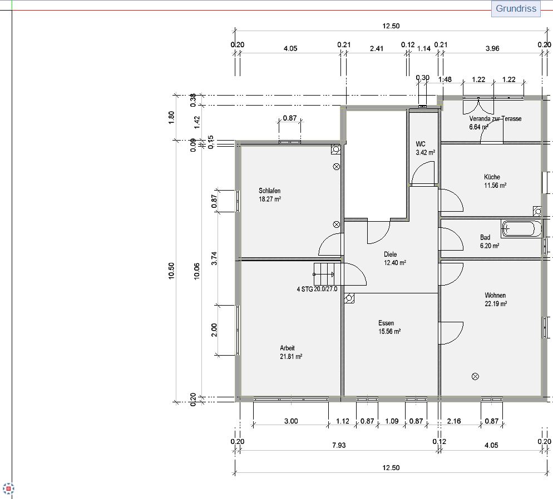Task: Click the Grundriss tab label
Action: pos(516,8)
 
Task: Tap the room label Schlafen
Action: pos(269,191)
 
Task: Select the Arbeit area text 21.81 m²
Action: pos(291,356)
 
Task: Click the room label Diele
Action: pos(390,255)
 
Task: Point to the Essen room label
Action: pos(386,323)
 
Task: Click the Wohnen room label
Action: pos(495,295)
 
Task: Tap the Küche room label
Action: pos(492,177)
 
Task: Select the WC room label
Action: pos(421,144)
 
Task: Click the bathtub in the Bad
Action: pos(521,228)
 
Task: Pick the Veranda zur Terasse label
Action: pos(495,119)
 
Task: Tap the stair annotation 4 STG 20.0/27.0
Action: pos(317,289)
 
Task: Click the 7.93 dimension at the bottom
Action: pos(339,445)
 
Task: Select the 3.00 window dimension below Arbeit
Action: pos(291,421)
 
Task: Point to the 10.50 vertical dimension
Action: pos(171,271)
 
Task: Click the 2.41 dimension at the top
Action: pos(376,48)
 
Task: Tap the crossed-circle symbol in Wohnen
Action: pos(475,376)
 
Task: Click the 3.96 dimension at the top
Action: pos(492,48)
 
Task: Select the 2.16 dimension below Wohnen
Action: pos(453,421)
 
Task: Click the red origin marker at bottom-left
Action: pos(8,489)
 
